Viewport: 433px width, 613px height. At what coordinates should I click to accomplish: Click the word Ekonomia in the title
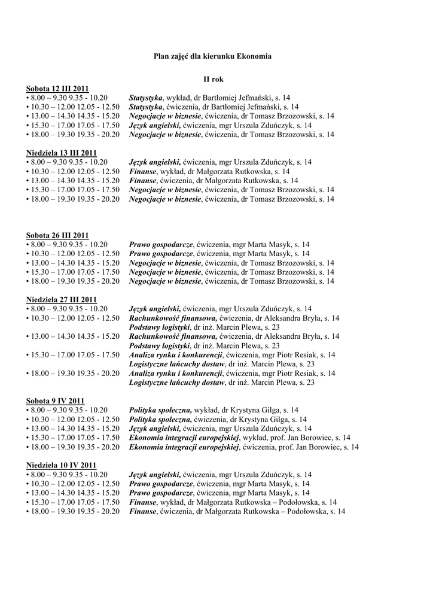(254, 56)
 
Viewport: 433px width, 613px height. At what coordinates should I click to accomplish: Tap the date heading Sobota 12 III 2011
(57, 89)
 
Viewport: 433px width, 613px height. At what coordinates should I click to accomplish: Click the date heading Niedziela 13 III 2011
(61, 153)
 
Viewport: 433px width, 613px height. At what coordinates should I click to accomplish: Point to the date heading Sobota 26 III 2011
(57, 235)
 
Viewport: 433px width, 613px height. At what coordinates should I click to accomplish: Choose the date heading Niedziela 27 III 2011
(61, 300)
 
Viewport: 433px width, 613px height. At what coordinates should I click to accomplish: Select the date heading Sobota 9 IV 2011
(56, 401)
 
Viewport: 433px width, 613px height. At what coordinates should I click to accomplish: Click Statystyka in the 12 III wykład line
(146, 98)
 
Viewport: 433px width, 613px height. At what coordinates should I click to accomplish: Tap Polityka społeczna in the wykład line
(160, 411)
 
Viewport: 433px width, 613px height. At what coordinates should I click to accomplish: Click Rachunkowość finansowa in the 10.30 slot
(173, 318)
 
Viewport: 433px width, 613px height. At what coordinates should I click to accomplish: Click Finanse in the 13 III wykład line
(142, 171)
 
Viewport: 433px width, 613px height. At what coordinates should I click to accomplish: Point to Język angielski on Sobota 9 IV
(155, 429)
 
